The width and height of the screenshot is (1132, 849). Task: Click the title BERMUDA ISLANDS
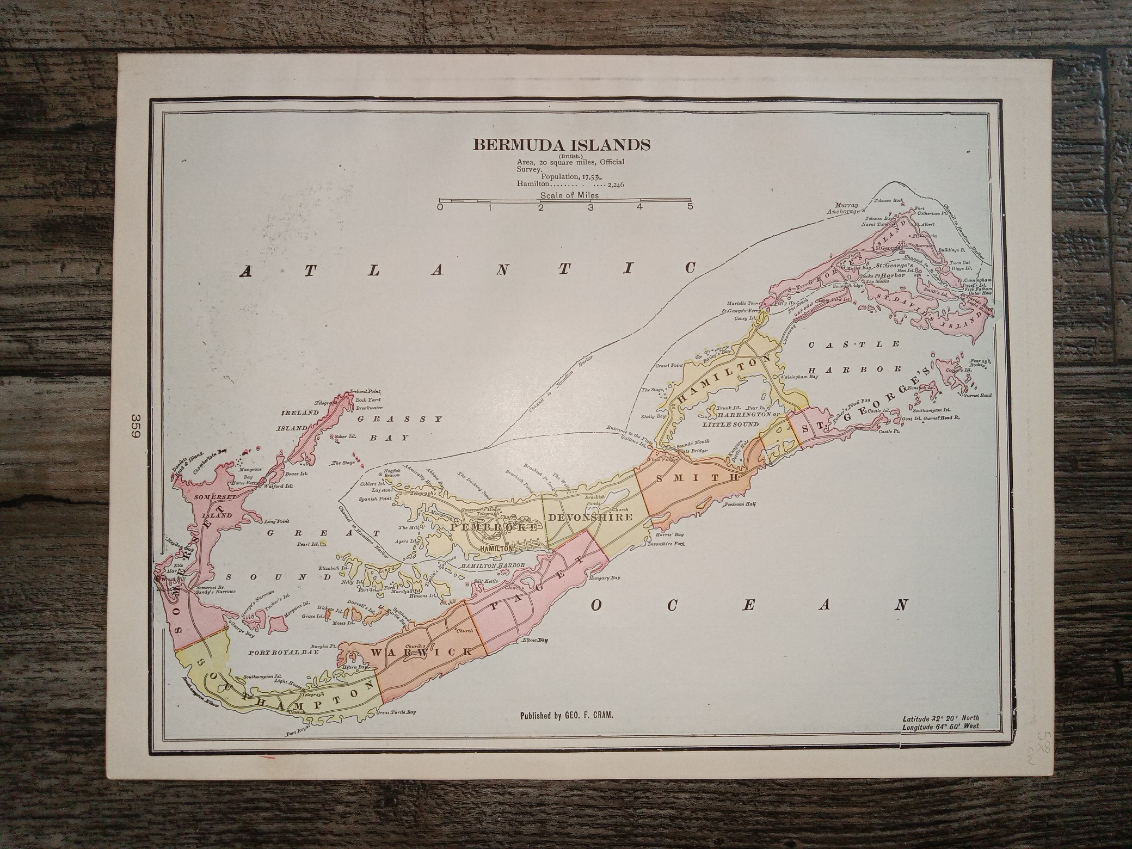pos(562,144)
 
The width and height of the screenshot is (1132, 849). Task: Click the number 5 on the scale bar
pos(690,207)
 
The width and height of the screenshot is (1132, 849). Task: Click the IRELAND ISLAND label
pos(299,420)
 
